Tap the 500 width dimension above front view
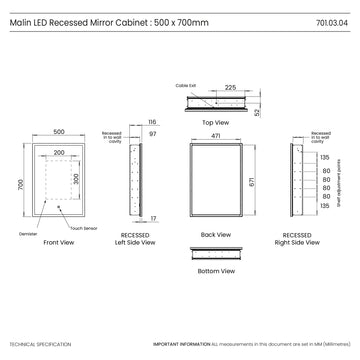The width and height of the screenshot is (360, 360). (x=60, y=131)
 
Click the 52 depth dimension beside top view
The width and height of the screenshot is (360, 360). (x=258, y=112)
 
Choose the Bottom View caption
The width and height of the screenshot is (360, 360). (x=217, y=271)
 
